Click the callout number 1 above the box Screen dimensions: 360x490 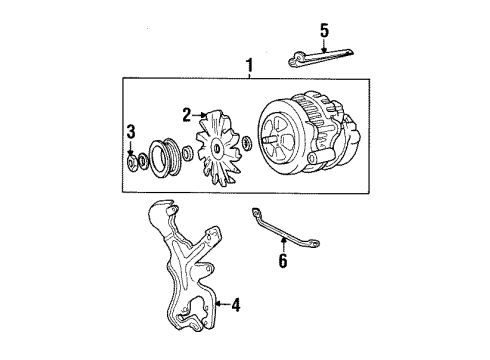[x=249, y=67]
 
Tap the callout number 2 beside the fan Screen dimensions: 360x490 [x=186, y=115]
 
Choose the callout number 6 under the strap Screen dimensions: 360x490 [x=283, y=261]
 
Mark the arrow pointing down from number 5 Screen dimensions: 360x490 [x=322, y=44]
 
